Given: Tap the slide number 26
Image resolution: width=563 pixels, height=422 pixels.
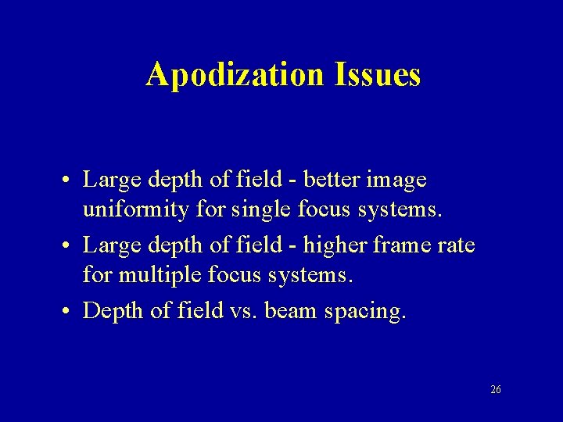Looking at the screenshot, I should [496, 389].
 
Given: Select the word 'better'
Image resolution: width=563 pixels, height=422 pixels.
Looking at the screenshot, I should [332, 180].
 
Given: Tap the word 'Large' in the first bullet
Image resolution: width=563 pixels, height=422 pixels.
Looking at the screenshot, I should [109, 181].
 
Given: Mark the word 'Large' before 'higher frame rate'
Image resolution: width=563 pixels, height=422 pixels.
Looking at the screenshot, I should [109, 246].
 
